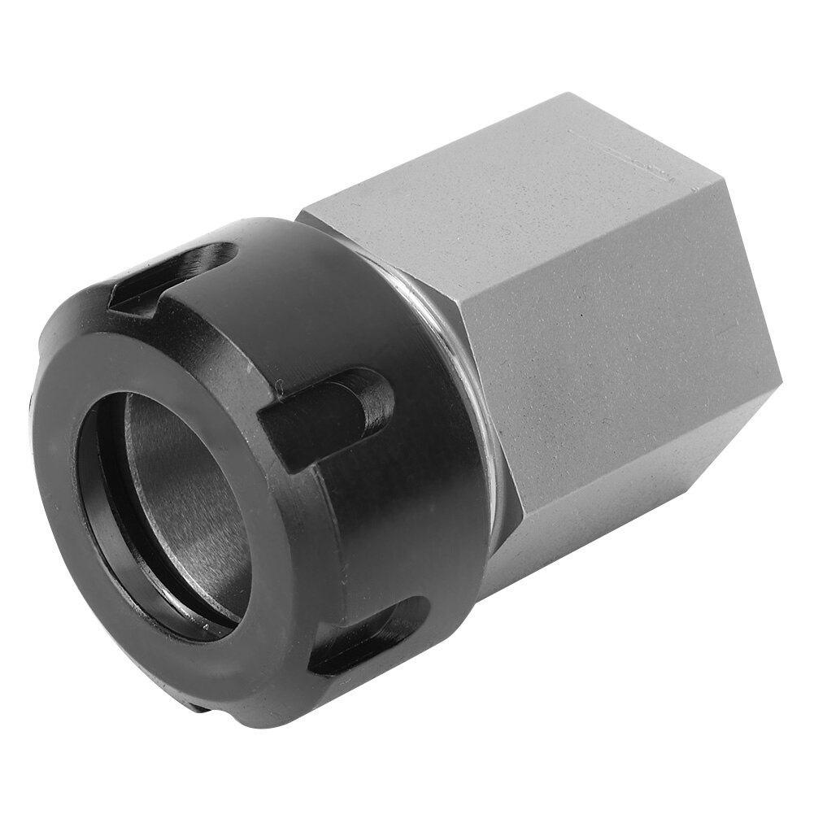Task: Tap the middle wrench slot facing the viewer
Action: point(325,414)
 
